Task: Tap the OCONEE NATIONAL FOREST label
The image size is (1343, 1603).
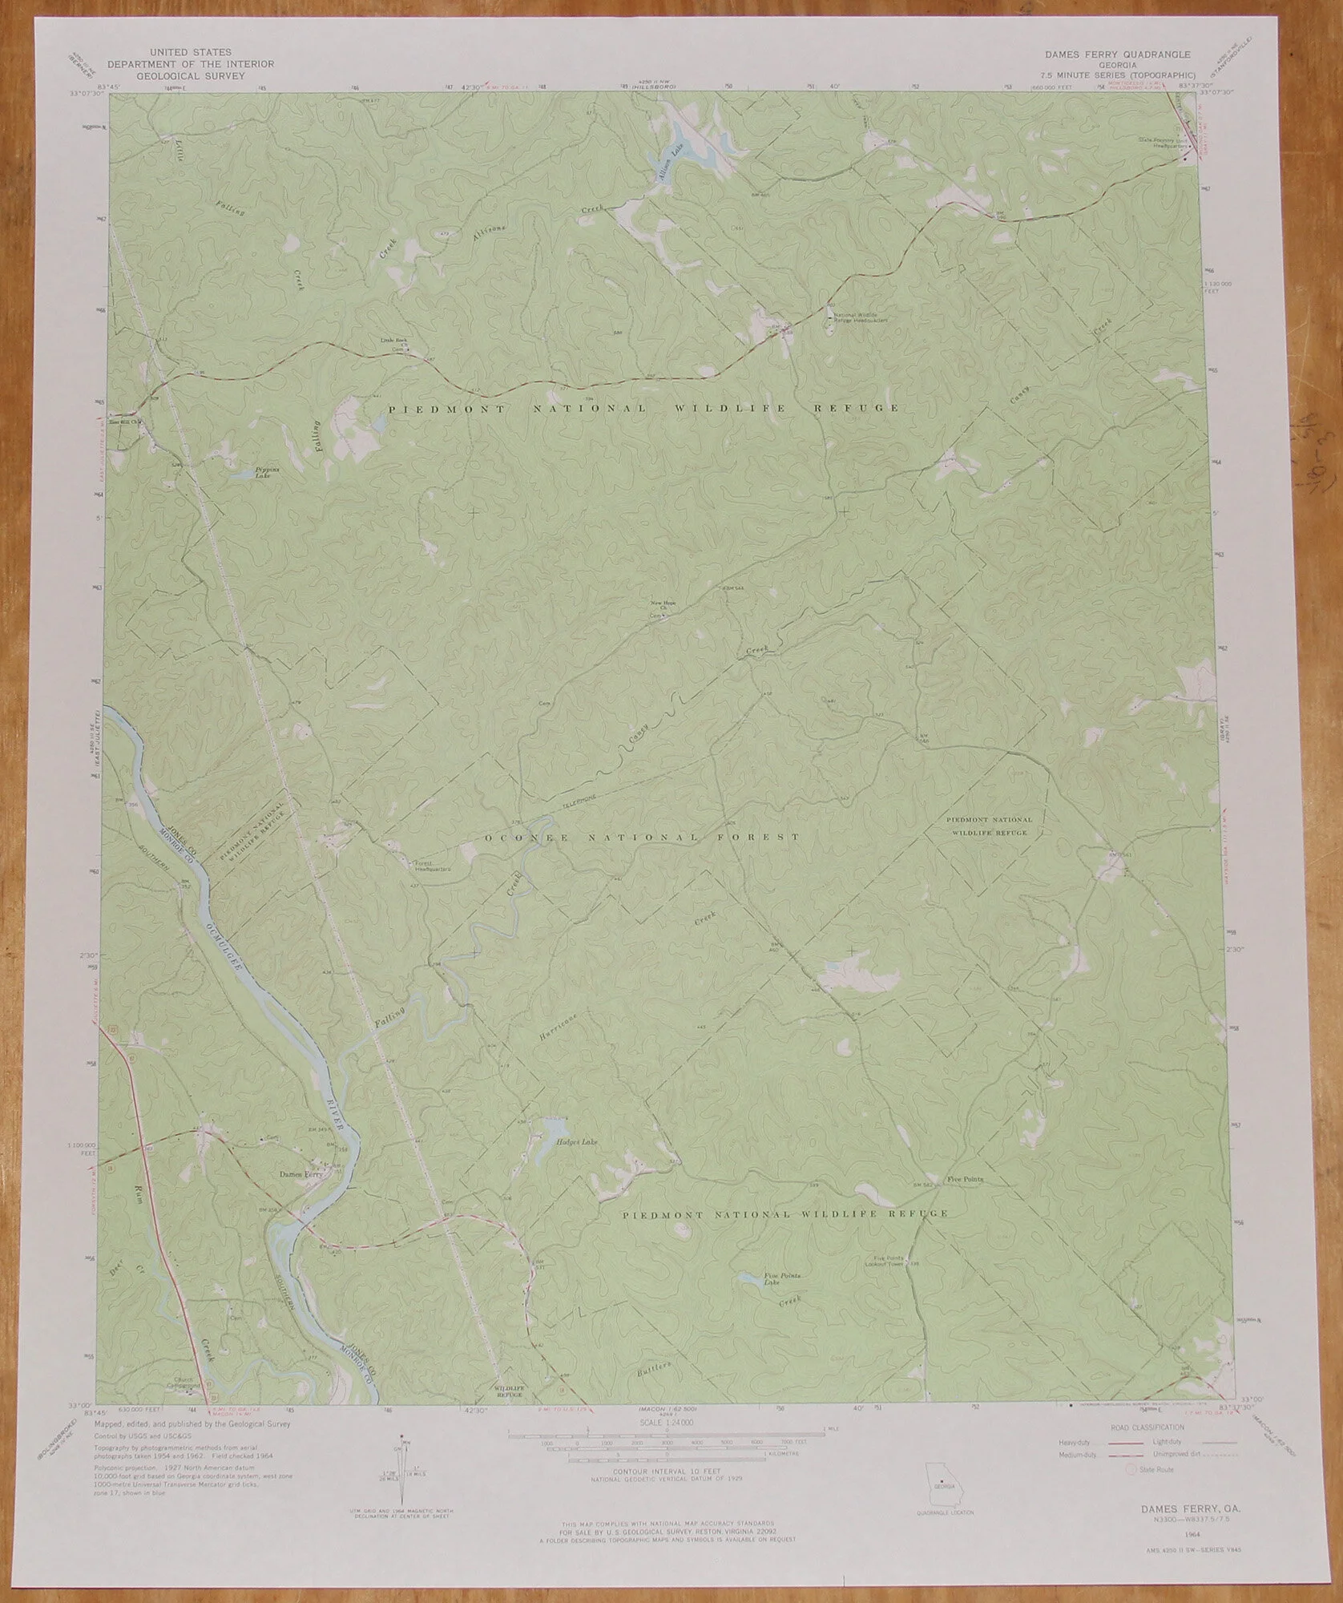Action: click(x=642, y=838)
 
